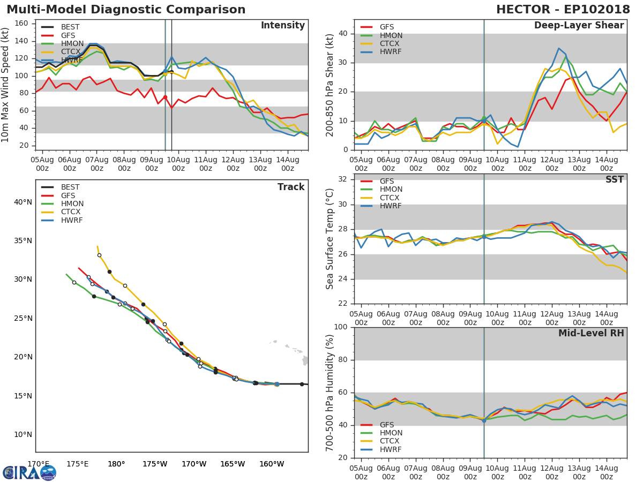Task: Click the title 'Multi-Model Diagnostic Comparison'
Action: (x=126, y=10)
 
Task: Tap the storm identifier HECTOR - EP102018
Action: (x=563, y=10)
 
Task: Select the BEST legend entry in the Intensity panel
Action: (x=70, y=27)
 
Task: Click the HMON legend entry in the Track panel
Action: (x=72, y=204)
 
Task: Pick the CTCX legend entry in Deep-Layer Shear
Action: (x=390, y=44)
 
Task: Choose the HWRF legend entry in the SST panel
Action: (x=390, y=206)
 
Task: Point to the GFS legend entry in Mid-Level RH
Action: (x=386, y=425)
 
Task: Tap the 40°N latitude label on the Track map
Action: (x=23, y=202)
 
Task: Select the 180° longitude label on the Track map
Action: (x=116, y=464)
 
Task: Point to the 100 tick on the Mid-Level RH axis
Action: (x=341, y=327)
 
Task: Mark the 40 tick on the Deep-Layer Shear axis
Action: (x=343, y=34)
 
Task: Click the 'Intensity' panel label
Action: (x=282, y=26)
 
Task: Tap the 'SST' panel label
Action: (x=614, y=180)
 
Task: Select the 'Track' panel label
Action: (x=291, y=187)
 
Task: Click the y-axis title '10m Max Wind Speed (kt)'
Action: (x=6, y=85)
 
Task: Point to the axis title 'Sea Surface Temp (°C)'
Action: (x=331, y=239)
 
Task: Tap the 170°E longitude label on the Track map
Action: (x=39, y=464)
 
